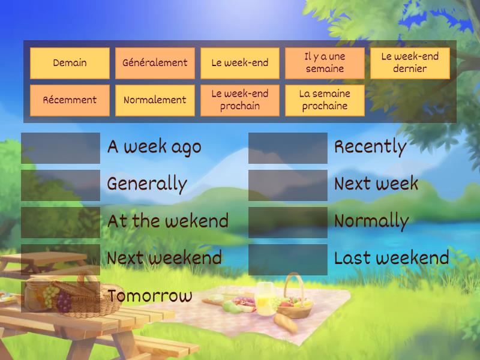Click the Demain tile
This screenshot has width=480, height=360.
click(70, 63)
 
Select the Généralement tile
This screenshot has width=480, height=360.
click(155, 63)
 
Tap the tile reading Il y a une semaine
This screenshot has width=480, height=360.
click(325, 63)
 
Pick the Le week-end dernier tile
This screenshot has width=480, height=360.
click(410, 63)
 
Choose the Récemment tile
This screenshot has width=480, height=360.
click(70, 100)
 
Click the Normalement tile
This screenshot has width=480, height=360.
click(155, 100)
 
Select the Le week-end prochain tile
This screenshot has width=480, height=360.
click(240, 100)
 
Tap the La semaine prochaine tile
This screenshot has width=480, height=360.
click(325, 100)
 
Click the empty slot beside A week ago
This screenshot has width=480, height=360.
click(61, 148)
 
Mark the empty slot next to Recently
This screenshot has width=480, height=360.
click(288, 148)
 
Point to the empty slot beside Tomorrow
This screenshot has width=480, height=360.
click(61, 296)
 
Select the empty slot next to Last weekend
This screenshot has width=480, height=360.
click(288, 259)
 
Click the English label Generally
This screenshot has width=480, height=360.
click(147, 184)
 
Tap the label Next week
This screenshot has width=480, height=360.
click(376, 184)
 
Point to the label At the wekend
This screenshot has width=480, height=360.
click(168, 221)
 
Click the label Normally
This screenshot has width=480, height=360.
click(371, 221)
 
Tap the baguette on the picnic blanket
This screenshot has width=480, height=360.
click(286, 323)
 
